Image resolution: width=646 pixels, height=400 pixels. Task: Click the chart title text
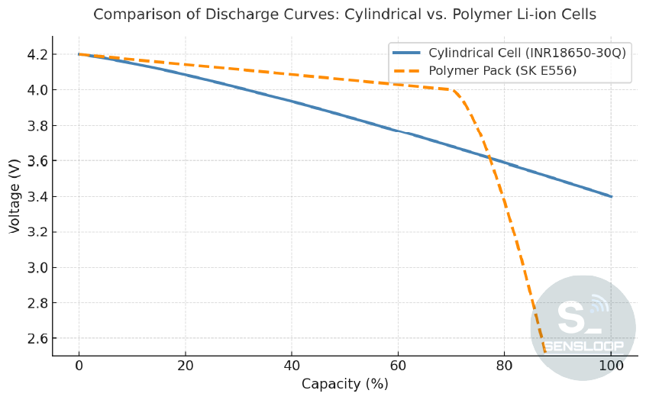pyautogui.click(x=344, y=15)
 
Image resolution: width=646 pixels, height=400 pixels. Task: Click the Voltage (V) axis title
pyautogui.click(x=15, y=196)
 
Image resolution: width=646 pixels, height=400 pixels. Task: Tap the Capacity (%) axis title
pyautogui.click(x=344, y=384)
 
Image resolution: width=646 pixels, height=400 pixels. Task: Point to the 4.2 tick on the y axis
pyautogui.click(x=37, y=55)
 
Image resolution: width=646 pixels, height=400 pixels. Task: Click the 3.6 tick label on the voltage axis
pyautogui.click(x=37, y=161)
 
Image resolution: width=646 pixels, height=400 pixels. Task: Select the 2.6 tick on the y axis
pyautogui.click(x=37, y=338)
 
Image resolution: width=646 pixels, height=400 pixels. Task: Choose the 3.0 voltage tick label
pyautogui.click(x=37, y=267)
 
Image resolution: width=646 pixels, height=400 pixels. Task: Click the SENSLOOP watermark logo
pyautogui.click(x=583, y=327)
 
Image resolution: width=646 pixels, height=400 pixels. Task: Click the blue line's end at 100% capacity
pyautogui.click(x=611, y=196)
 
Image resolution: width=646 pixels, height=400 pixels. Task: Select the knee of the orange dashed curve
pyautogui.click(x=455, y=91)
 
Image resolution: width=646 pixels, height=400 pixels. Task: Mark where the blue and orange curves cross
pyautogui.click(x=489, y=156)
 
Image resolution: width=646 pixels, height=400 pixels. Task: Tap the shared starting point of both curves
pyautogui.click(x=79, y=54)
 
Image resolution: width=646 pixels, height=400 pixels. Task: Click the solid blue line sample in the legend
pyautogui.click(x=406, y=53)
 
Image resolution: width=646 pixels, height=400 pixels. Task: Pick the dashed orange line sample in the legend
pyautogui.click(x=406, y=71)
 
